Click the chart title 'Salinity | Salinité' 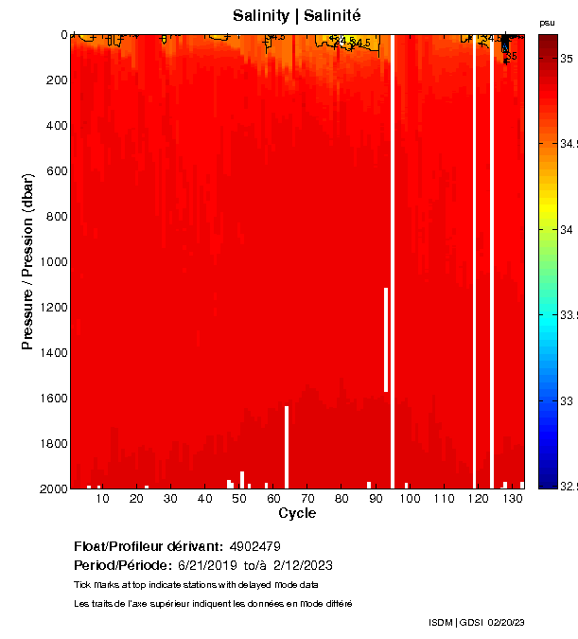(x=297, y=16)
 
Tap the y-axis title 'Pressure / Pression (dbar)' (x=28, y=261)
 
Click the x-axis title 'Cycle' (x=297, y=513)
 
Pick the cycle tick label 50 (x=238, y=499)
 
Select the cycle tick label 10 (x=101, y=499)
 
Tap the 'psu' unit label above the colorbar (x=547, y=23)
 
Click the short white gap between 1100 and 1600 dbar (x=386, y=339)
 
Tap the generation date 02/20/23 (x=506, y=622)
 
